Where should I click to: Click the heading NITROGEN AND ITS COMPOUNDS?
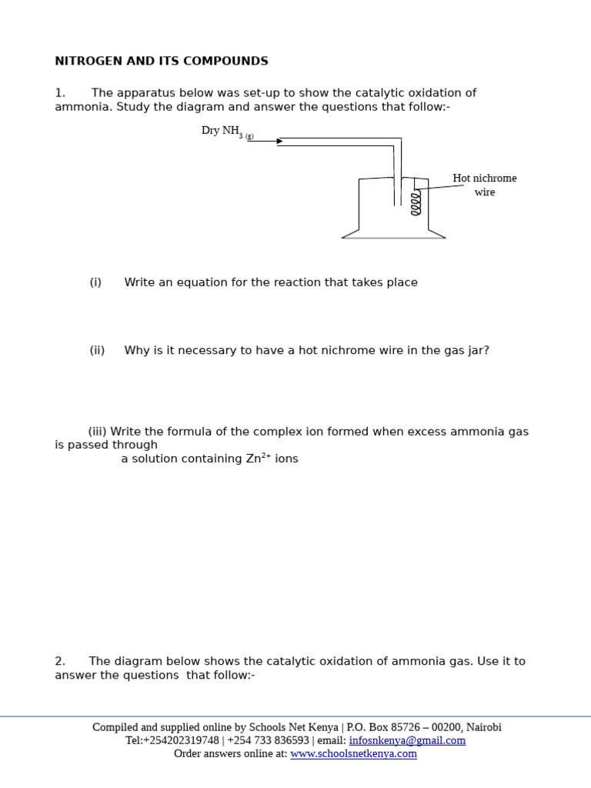pos(162,61)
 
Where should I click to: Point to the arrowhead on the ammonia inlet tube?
pos(279,142)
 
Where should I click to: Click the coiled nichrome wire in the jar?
pos(416,203)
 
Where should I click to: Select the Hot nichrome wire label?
pos(485,185)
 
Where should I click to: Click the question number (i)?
pos(95,282)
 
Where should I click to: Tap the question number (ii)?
pos(97,350)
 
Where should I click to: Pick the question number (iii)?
pos(98,432)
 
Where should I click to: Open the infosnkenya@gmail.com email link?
pos(407,740)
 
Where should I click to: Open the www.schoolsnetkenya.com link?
pos(353,753)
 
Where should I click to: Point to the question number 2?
pos(59,661)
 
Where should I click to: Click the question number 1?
pos(59,93)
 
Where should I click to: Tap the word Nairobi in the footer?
pos(484,727)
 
